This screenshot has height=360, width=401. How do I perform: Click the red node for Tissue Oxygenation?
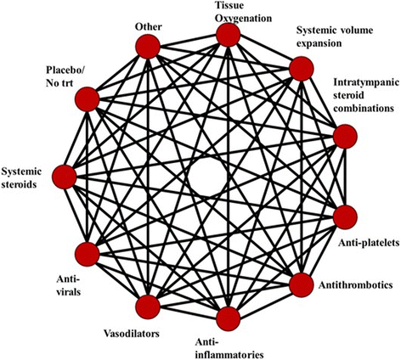pyautogui.click(x=227, y=36)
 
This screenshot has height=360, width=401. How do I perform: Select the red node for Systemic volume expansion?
pyautogui.click(x=302, y=67)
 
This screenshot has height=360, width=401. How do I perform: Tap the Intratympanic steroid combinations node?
pyautogui.click(x=345, y=136)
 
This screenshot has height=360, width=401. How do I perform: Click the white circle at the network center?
pyautogui.click(x=206, y=177)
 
